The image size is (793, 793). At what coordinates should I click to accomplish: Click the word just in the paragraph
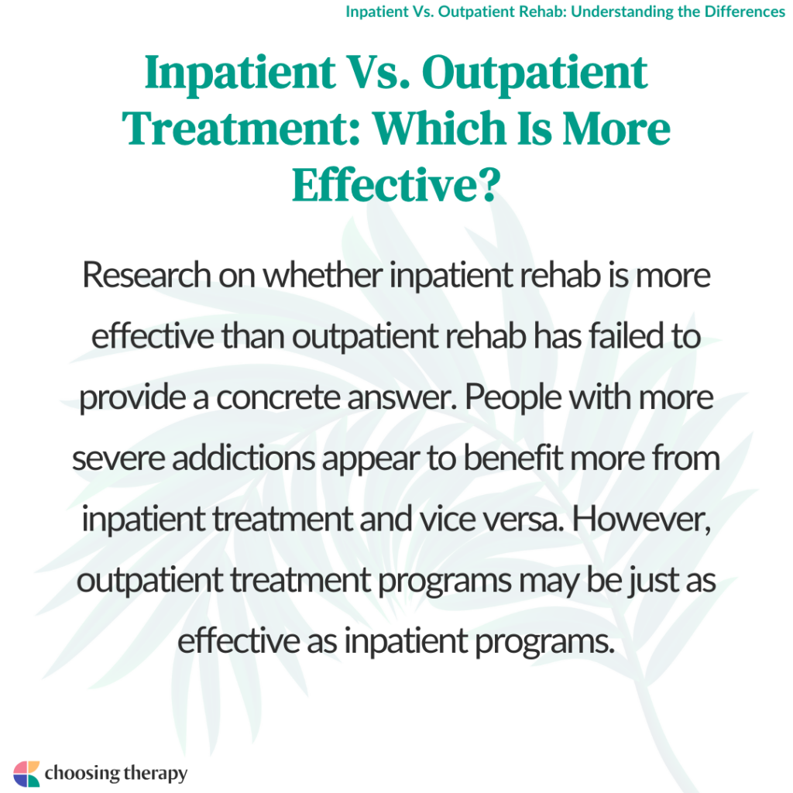tap(649, 578)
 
